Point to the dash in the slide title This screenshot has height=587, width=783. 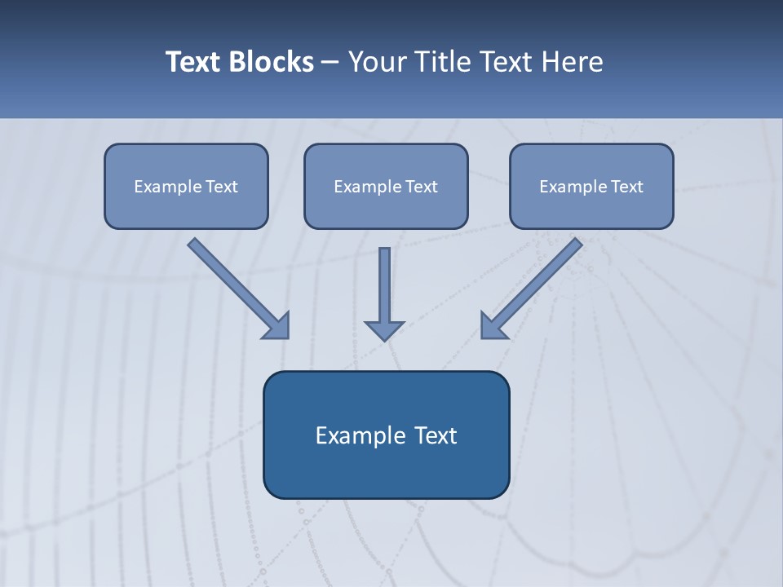(x=330, y=63)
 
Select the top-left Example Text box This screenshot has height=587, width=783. (x=186, y=186)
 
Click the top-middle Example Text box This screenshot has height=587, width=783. (x=386, y=186)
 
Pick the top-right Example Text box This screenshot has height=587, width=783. (x=591, y=186)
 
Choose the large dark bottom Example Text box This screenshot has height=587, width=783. (x=386, y=435)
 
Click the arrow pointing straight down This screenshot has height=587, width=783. (x=384, y=289)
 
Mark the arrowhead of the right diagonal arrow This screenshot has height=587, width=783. (x=492, y=326)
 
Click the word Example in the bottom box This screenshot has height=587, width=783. (x=357, y=435)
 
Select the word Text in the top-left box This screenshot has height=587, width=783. (x=221, y=186)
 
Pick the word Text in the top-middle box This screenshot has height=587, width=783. (x=421, y=186)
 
